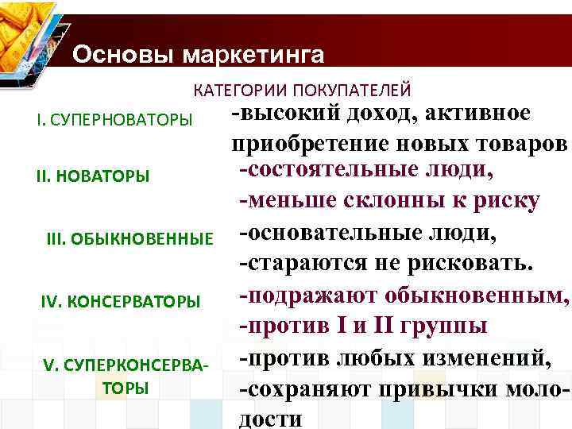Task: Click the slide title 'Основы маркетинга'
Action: pyautogui.click(x=198, y=55)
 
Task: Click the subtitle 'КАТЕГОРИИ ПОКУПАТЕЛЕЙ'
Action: pyautogui.click(x=301, y=91)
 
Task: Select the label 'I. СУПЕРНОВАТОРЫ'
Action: pyautogui.click(x=114, y=120)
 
